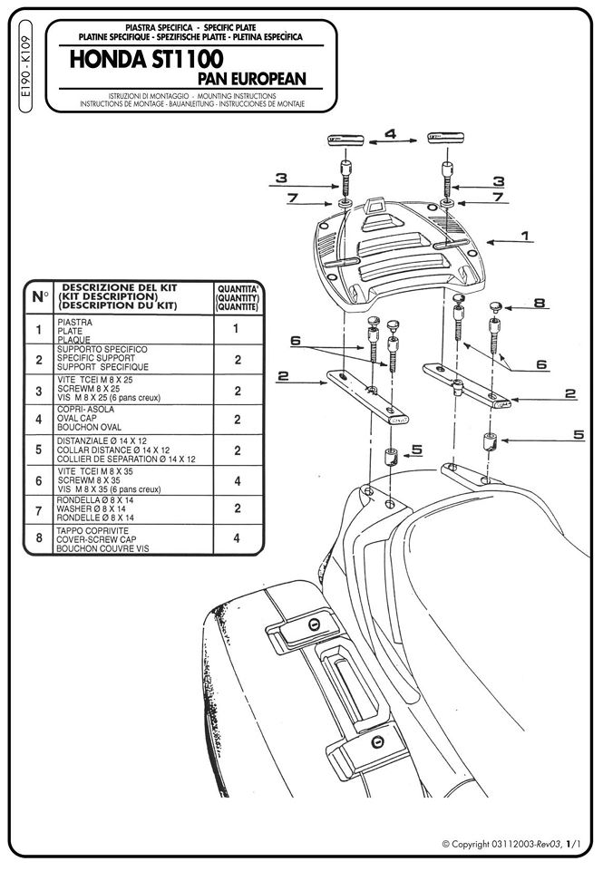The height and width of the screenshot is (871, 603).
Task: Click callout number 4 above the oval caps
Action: click(x=390, y=134)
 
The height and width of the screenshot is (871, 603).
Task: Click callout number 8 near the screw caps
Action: click(x=539, y=304)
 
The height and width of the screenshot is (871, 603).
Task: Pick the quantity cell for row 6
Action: click(x=237, y=481)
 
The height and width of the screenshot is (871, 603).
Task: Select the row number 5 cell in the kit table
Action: click(x=38, y=450)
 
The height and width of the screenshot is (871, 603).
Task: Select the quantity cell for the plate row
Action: click(x=237, y=330)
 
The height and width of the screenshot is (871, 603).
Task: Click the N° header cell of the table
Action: click(x=39, y=295)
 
